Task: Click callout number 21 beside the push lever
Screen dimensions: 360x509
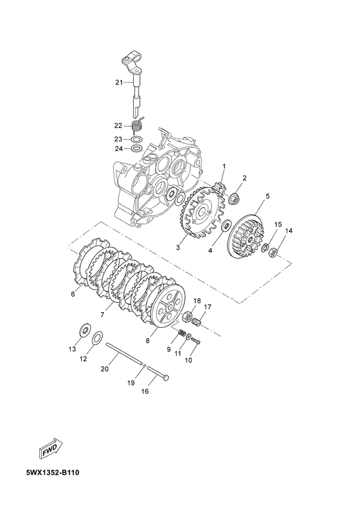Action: point(119,82)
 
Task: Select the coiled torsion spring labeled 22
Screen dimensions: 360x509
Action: point(138,125)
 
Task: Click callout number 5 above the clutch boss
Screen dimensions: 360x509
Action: point(268,196)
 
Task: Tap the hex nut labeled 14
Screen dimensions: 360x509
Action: point(274,252)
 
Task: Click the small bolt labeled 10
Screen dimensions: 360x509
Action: point(195,341)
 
